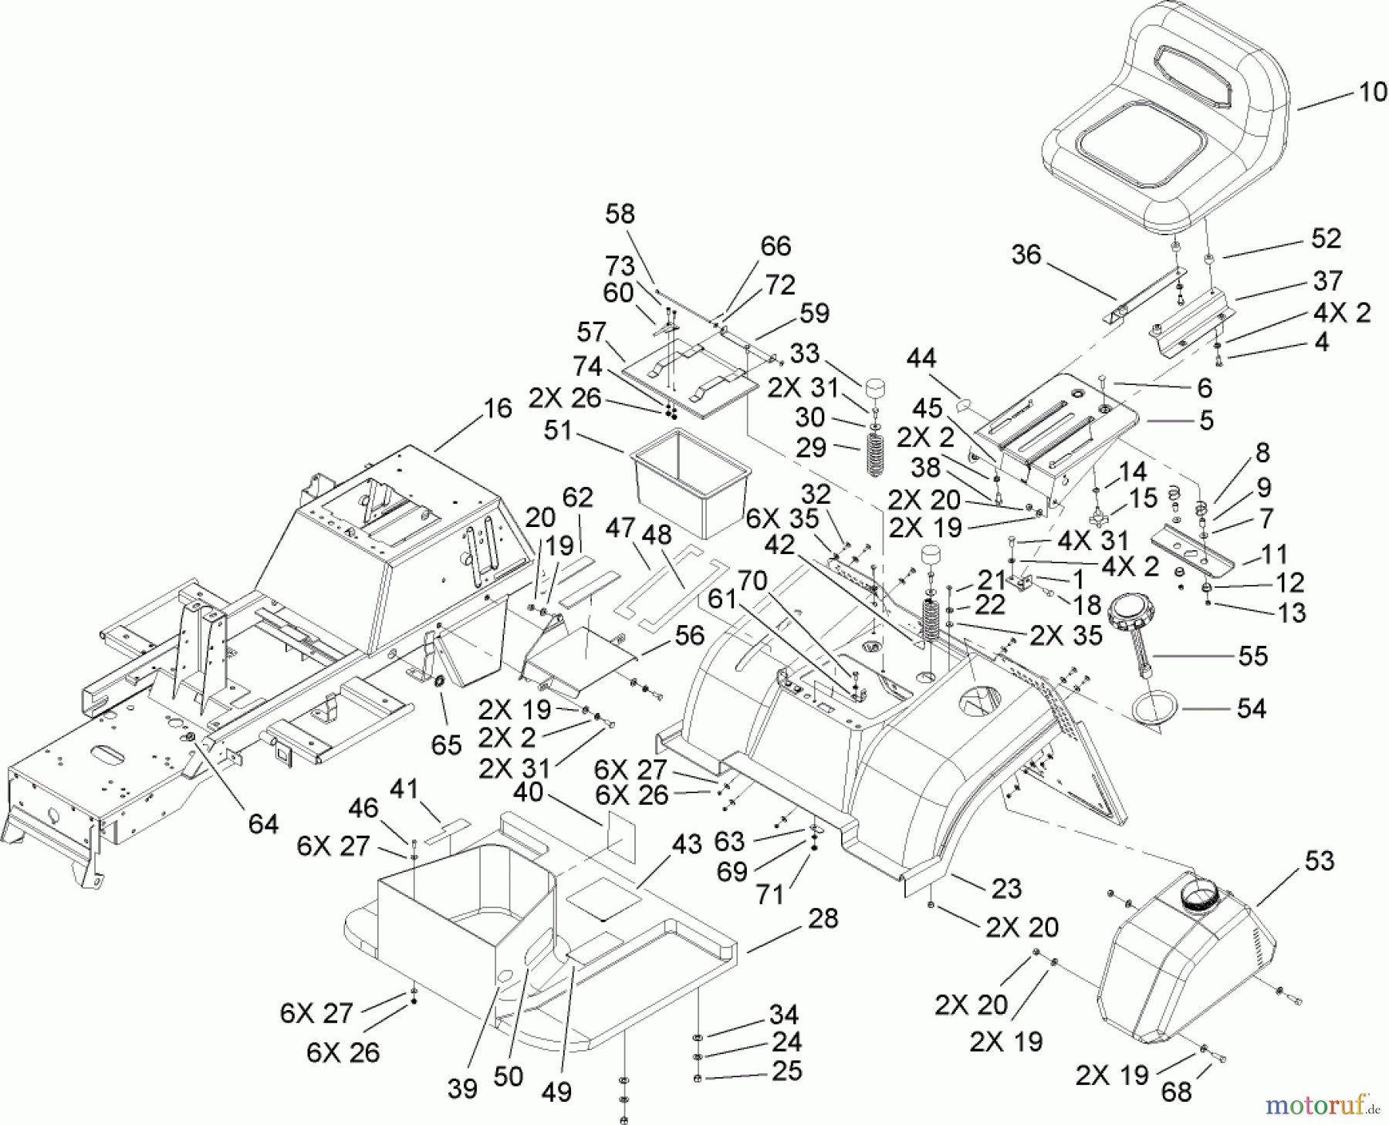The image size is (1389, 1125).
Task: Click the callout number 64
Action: [x=262, y=823]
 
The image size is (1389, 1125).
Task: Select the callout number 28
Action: [x=823, y=919]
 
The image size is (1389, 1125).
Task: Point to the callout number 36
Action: [x=1026, y=255]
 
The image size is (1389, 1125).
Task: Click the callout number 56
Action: [x=689, y=635]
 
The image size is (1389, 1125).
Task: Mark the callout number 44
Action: [x=921, y=358]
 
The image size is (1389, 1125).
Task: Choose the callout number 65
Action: [x=446, y=745]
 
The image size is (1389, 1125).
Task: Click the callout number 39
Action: [x=463, y=1088]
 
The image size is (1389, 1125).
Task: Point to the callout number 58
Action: [x=620, y=215]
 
